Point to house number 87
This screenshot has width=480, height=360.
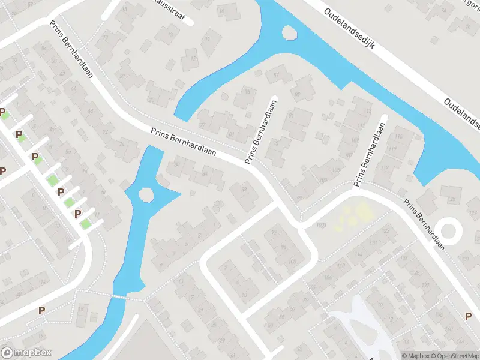[x=276, y=75]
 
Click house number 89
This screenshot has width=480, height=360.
[x=296, y=94]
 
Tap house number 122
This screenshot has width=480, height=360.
[x=385, y=230]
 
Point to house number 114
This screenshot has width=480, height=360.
[x=358, y=254]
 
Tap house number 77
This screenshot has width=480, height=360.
[x=202, y=125]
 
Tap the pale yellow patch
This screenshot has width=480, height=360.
[x=352, y=218]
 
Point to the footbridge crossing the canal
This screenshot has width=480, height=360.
[x=120, y=297]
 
